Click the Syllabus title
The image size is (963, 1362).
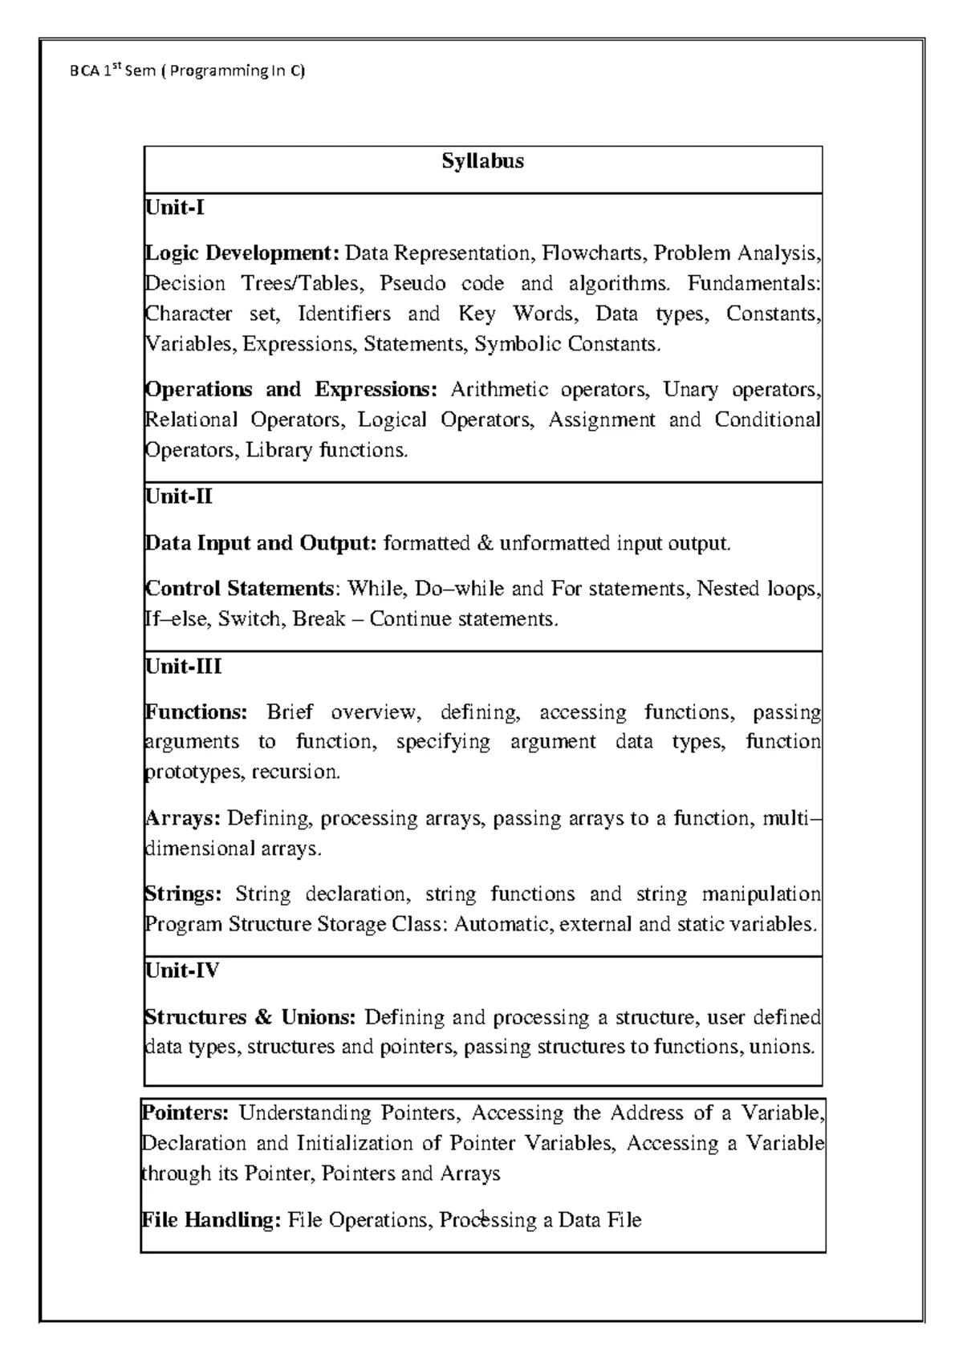(482, 161)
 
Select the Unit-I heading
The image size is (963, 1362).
(174, 209)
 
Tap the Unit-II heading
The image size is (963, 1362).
(178, 497)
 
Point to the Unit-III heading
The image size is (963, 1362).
(183, 667)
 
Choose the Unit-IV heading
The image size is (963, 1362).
(181, 971)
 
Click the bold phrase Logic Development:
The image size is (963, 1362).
(242, 253)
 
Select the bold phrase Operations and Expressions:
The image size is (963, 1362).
(291, 390)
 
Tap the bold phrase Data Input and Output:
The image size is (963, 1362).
(260, 543)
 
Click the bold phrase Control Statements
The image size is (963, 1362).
(238, 589)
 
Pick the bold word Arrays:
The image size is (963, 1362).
(182, 818)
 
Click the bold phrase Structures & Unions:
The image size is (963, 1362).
(249, 1017)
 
